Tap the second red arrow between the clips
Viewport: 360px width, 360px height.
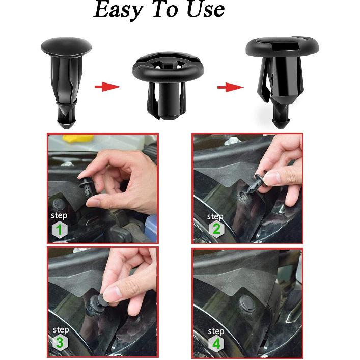click(230, 88)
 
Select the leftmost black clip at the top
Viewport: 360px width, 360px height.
click(66, 81)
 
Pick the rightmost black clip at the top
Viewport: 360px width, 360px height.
click(282, 76)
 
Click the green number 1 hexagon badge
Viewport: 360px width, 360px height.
click(59, 230)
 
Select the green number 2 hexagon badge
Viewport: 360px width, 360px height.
click(216, 229)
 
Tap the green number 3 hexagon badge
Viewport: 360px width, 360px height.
click(60, 343)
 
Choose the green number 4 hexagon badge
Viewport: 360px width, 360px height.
click(216, 344)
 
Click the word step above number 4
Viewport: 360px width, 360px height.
click(215, 331)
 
